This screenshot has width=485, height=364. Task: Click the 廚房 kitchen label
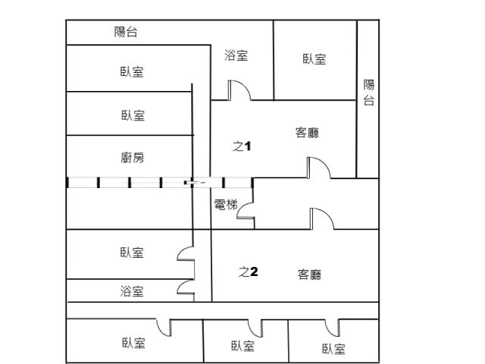coord(133,158)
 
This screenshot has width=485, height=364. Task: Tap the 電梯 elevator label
coord(226,205)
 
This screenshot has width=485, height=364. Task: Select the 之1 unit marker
coord(242,146)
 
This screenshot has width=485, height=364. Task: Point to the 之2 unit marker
coord(249,271)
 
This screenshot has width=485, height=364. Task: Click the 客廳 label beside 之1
coord(307,133)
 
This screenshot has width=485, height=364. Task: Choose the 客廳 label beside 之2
coord(310,275)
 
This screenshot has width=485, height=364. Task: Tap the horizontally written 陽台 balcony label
coord(126,32)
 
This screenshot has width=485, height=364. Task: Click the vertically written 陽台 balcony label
coord(369,93)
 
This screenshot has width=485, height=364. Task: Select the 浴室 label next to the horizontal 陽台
coord(236,55)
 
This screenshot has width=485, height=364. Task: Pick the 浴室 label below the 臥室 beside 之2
coord(132,291)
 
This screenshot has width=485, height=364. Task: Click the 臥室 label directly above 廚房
coord(133,115)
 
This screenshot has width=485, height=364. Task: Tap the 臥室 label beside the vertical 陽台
coord(314,59)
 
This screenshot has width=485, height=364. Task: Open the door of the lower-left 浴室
coord(182,284)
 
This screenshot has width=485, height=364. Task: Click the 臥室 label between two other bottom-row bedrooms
coord(243,346)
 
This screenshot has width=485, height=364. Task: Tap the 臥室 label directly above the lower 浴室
coord(132,253)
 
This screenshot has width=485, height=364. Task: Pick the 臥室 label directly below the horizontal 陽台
coord(132,72)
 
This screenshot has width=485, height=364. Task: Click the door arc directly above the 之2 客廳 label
coord(327,214)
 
